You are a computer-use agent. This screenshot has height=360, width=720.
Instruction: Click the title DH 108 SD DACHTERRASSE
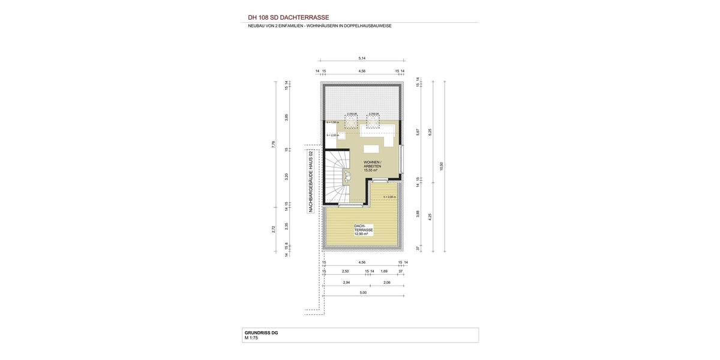[x=288, y=17]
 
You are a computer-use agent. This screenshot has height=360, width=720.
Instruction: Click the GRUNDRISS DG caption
[x=261, y=332]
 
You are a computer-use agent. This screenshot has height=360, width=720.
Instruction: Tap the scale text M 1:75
[x=251, y=338]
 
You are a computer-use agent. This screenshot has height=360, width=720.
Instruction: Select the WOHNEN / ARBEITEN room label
[x=372, y=164]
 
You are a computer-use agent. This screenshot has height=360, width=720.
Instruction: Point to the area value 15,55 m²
[x=370, y=170]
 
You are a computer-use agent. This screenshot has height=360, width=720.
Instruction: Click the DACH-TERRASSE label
[x=364, y=228]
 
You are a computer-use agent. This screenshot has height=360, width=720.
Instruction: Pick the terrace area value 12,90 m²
[x=361, y=234]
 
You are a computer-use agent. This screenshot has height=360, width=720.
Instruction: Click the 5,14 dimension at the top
[x=362, y=58]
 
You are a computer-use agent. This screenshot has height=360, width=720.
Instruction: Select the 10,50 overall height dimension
[x=442, y=166]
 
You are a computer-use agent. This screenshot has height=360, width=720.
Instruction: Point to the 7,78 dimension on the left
[x=274, y=144]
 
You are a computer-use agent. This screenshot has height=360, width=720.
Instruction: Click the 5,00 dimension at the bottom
[x=363, y=292]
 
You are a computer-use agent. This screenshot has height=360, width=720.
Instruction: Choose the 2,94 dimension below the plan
[x=346, y=282]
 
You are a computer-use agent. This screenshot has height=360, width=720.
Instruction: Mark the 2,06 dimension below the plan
[x=387, y=282]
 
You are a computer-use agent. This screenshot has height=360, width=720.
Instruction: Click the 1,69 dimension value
[x=384, y=271]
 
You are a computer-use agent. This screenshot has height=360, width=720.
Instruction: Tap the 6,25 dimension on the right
[x=430, y=132]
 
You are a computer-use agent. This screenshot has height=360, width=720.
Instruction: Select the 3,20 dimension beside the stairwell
[x=287, y=176]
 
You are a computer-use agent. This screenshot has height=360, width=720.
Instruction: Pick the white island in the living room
[x=372, y=148]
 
